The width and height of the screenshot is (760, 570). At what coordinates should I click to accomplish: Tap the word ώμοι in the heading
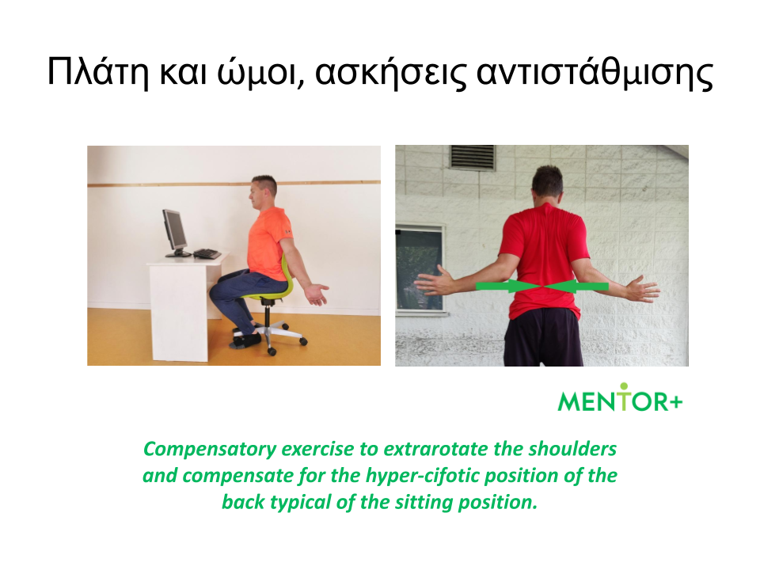point(260,72)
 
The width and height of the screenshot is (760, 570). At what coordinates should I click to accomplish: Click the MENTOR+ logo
point(620,397)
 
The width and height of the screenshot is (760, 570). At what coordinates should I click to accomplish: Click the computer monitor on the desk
point(176,233)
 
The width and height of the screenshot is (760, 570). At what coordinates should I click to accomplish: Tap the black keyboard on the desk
point(207,253)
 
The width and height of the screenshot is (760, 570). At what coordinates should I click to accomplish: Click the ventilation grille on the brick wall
point(473,157)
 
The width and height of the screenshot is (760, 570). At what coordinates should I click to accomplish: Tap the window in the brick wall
point(420,269)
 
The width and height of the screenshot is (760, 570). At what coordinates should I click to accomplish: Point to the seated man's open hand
point(317,294)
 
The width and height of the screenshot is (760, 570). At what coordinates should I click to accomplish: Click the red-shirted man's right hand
point(642,289)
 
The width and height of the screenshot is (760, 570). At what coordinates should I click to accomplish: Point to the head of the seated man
point(263,192)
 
